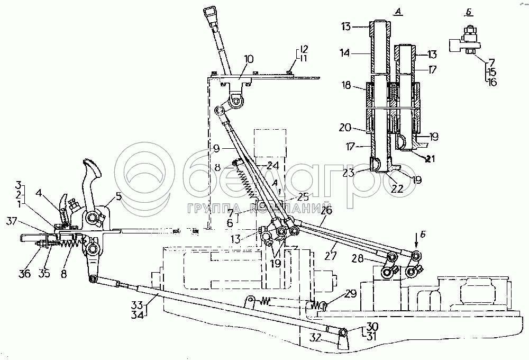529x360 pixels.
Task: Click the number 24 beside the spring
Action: pyautogui.click(x=273, y=165)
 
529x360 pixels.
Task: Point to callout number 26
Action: pyautogui.click(x=326, y=211)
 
